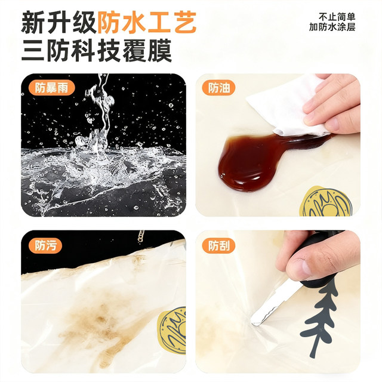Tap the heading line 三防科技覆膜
(97, 51)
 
